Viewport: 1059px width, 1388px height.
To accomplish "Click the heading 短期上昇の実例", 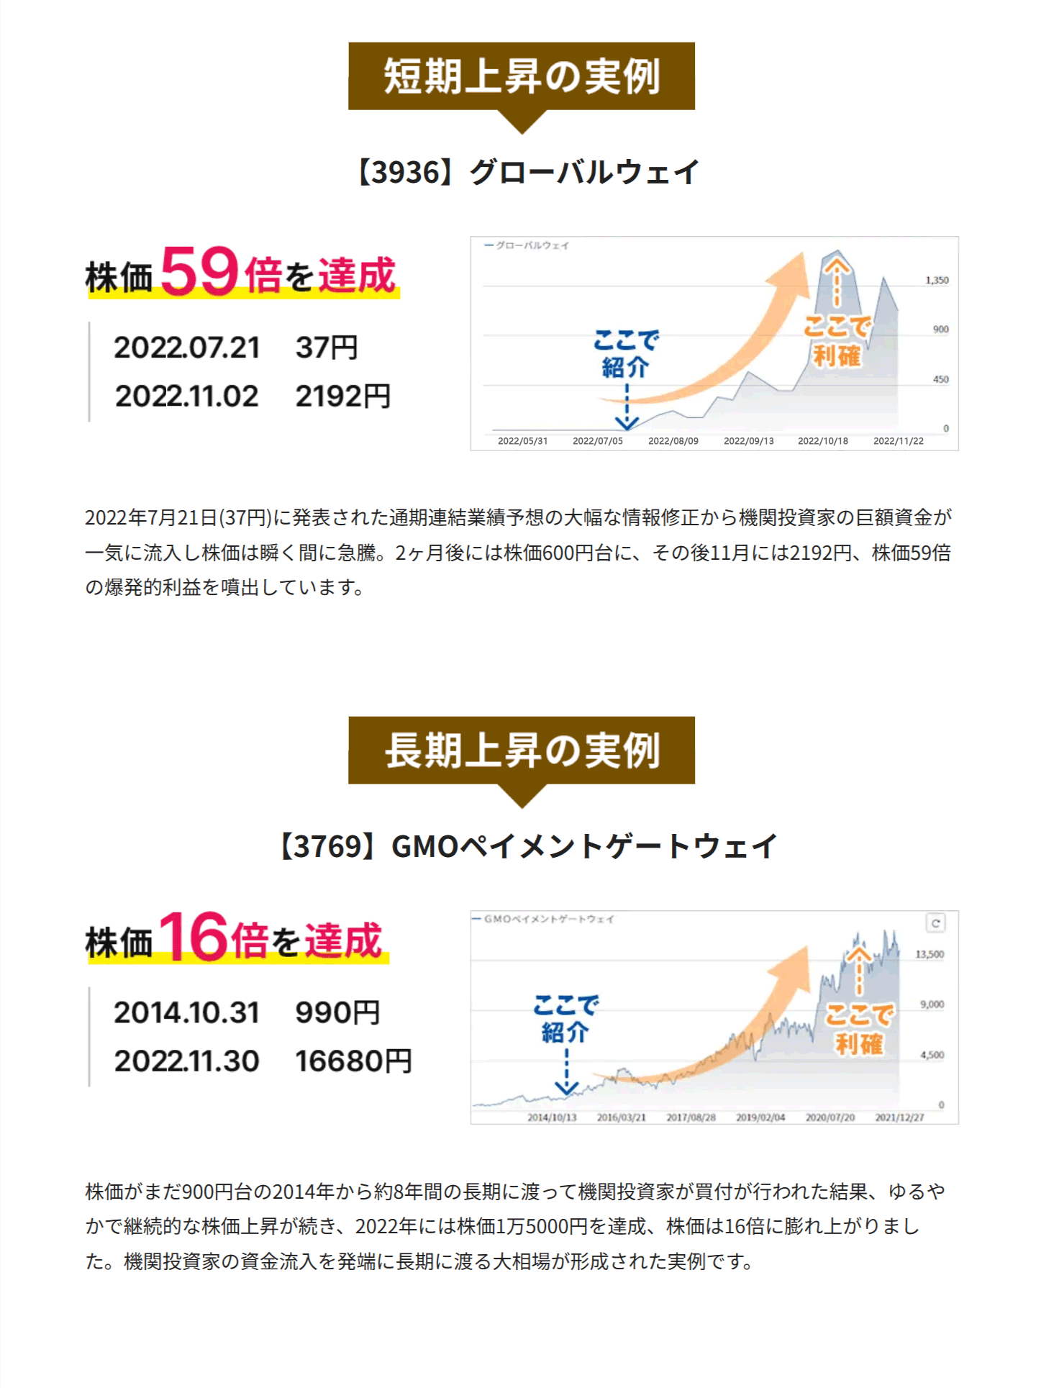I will click(x=521, y=76).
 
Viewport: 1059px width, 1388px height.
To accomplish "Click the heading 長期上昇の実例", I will click(x=521, y=750).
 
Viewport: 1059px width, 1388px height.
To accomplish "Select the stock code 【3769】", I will click(x=328, y=847).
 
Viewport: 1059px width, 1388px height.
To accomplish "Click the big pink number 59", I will click(x=199, y=271).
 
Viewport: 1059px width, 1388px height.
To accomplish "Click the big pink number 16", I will click(x=194, y=937).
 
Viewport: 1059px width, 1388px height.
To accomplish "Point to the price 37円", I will click(x=326, y=348).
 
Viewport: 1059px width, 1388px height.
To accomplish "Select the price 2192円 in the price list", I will click(x=342, y=396).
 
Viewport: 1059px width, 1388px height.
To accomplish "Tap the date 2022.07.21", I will click(x=186, y=348).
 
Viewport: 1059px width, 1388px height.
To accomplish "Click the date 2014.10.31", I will click(x=186, y=1013).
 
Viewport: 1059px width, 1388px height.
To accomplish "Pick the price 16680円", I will click(x=353, y=1061).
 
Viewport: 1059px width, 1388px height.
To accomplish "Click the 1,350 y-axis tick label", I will click(x=937, y=281).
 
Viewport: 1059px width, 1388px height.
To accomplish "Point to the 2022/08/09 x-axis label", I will click(x=673, y=441).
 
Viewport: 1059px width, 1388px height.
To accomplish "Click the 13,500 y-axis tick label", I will click(x=929, y=955).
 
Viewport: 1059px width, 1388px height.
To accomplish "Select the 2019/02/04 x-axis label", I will click(x=760, y=1117).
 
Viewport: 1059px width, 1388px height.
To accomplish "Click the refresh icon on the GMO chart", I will click(x=935, y=923).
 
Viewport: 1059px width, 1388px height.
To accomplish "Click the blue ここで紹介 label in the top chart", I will click(x=626, y=353).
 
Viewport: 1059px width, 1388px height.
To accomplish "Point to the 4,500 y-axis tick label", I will click(x=932, y=1055).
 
